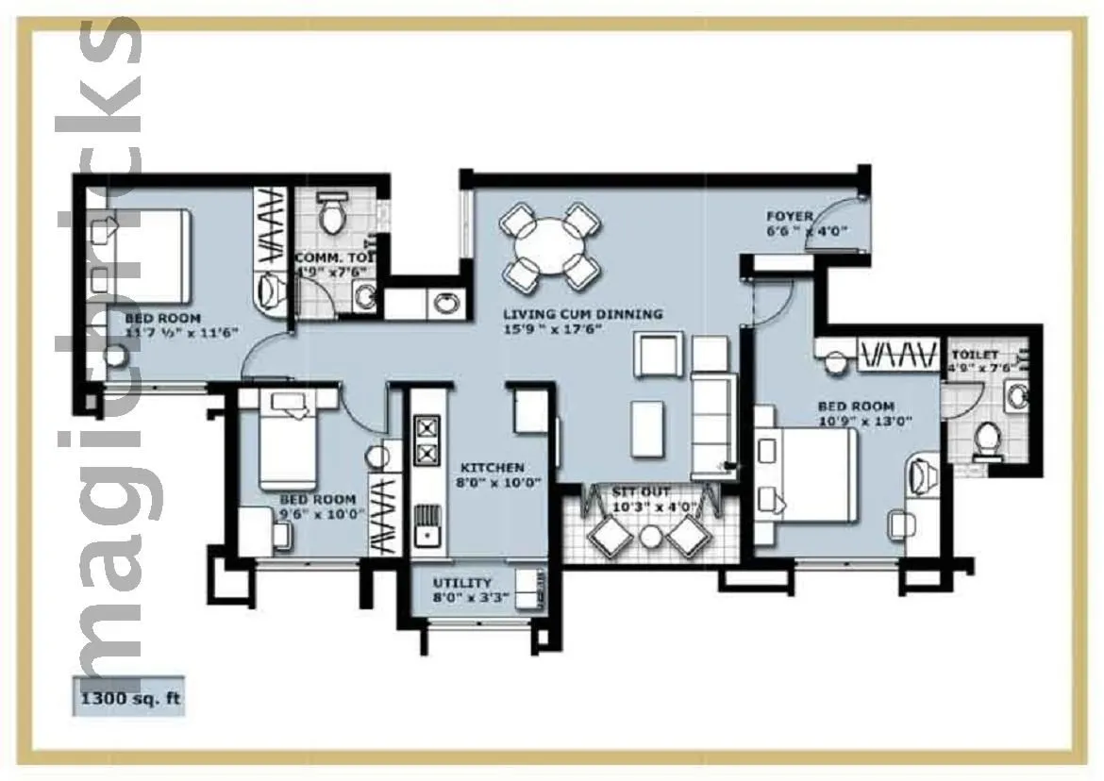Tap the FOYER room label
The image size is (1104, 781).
789,217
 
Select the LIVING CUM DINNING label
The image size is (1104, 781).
582,314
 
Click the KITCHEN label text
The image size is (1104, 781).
492,468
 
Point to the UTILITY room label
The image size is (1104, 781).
462,583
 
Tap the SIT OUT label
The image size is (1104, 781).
641,492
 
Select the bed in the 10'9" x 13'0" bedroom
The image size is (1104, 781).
807,474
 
